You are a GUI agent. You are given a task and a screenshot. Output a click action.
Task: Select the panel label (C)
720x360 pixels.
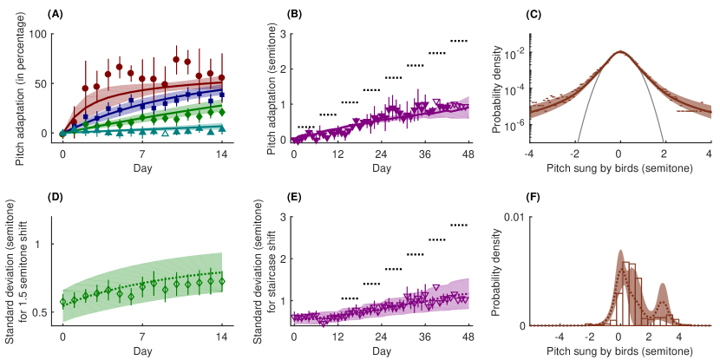[x=529, y=15]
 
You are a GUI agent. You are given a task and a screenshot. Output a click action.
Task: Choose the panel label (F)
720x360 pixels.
[x=529, y=197]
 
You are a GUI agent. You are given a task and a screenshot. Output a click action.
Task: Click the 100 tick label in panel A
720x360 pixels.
[x=36, y=34]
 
